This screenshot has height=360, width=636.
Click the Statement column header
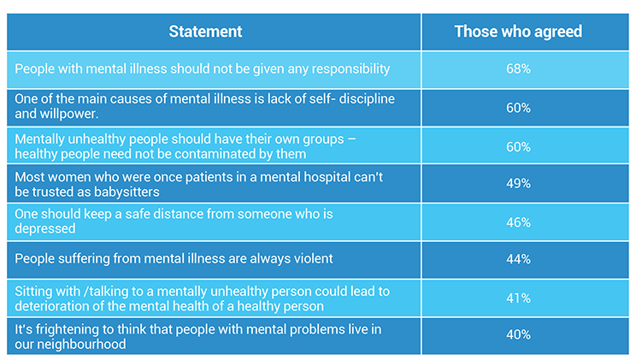[x=205, y=32]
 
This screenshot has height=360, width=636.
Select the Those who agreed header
[x=518, y=32]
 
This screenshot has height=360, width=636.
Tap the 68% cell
[x=518, y=69]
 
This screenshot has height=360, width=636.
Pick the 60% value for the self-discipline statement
[x=518, y=108]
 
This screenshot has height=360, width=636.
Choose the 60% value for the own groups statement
[x=518, y=147]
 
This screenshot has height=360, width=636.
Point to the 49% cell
[x=518, y=184]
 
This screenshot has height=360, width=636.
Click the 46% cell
[x=518, y=222]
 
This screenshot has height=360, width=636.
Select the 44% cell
[x=518, y=259]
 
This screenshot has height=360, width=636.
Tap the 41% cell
[x=518, y=298]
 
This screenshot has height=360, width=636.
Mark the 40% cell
[x=518, y=335]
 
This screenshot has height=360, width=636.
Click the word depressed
[x=45, y=229]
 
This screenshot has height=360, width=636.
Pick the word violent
[x=309, y=258]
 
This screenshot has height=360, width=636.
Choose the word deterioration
[x=52, y=306]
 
